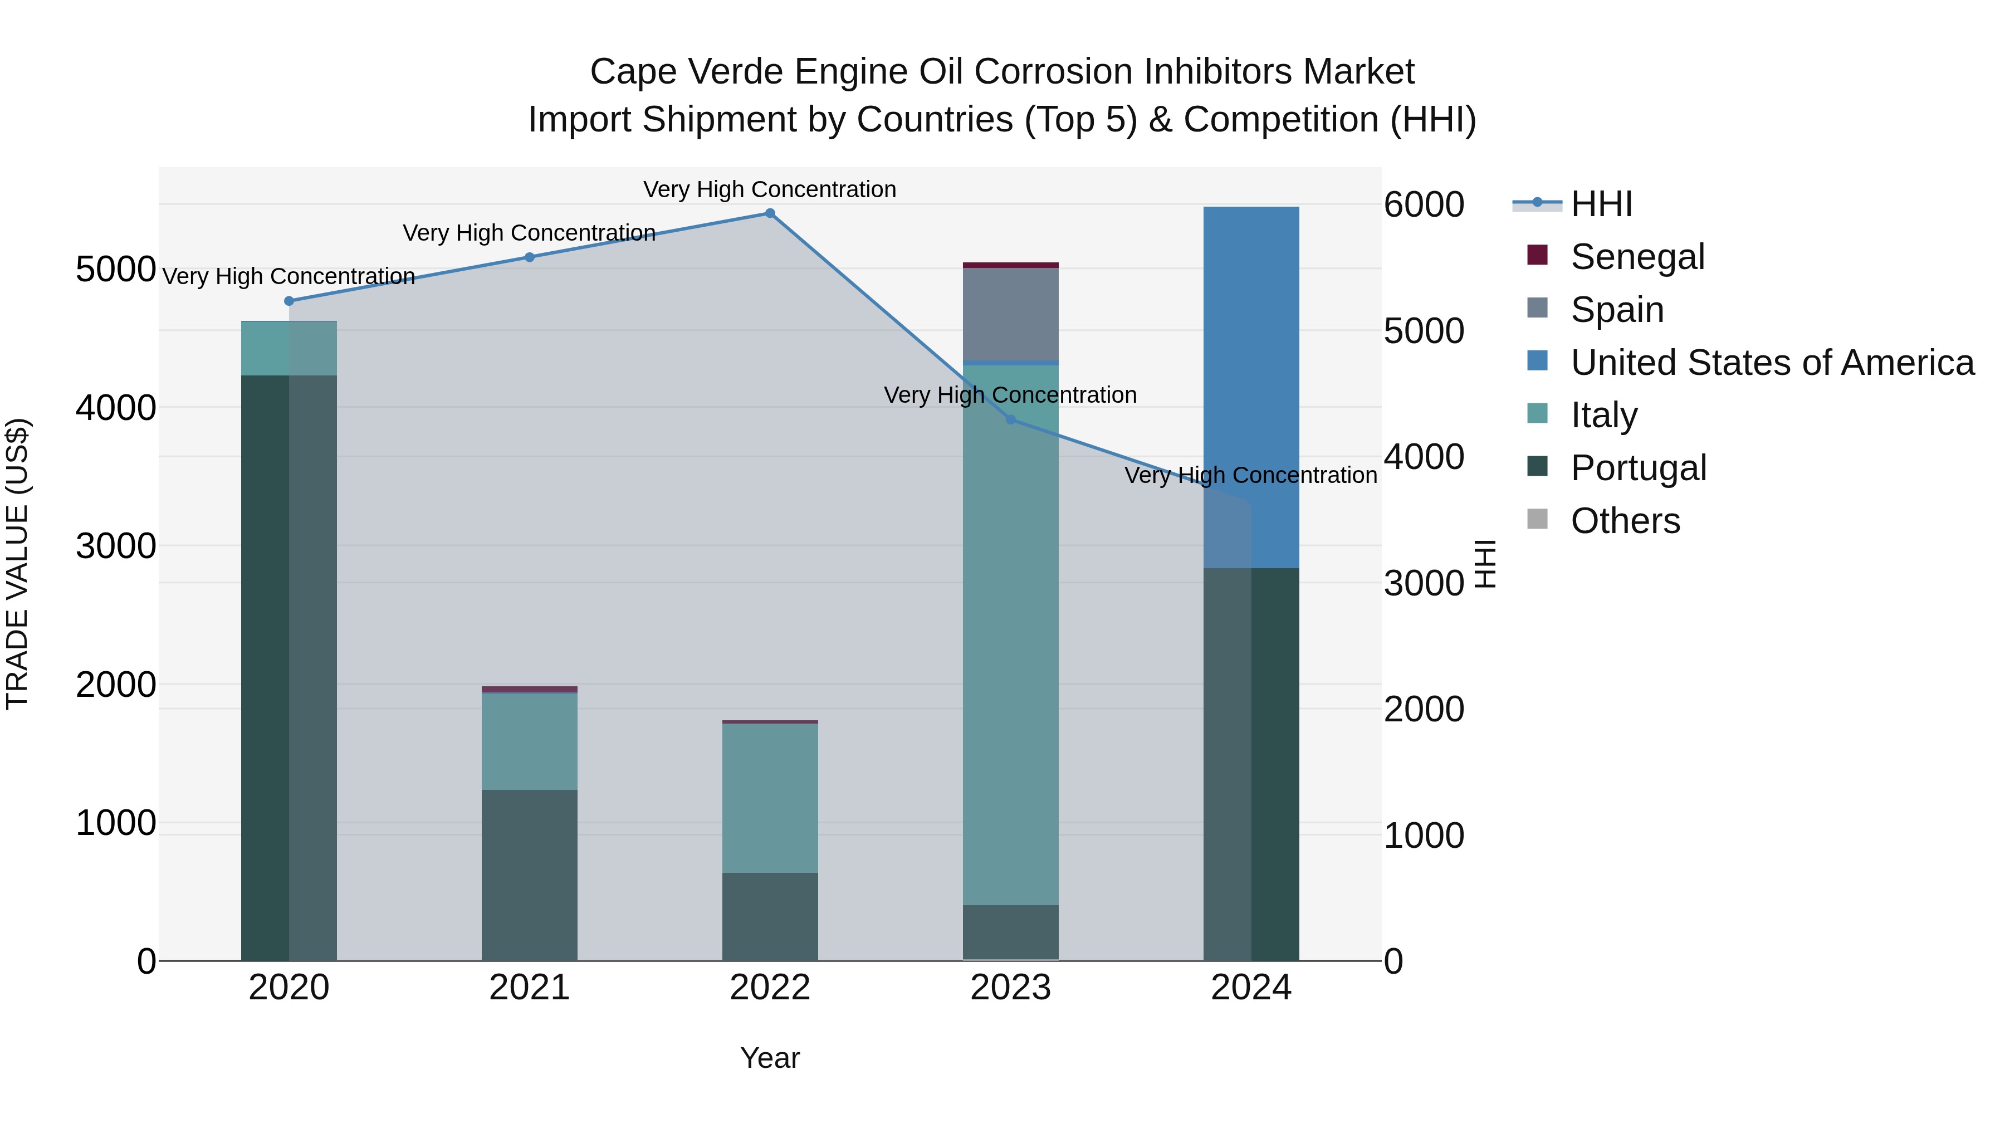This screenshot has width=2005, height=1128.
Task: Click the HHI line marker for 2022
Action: [x=770, y=213]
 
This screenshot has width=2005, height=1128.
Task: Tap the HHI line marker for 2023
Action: [x=1010, y=419]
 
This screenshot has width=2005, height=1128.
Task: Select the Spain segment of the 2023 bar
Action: [x=1010, y=314]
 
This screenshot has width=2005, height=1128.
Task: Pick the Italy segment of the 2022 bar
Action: [x=770, y=798]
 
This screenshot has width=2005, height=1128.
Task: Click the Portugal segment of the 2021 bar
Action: [x=529, y=875]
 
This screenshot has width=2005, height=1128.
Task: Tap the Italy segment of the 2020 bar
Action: [x=288, y=349]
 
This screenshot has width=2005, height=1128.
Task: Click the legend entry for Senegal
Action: [x=1637, y=257]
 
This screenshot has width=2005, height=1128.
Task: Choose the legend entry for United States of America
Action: [x=1772, y=363]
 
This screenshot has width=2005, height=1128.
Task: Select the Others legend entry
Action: [x=1625, y=521]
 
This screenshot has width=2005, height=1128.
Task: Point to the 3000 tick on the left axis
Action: [x=116, y=546]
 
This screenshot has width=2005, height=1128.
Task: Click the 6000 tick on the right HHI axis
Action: [x=1424, y=205]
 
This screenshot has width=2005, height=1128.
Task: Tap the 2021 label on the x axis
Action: [x=529, y=988]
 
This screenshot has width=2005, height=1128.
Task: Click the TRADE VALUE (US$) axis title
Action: [x=18, y=564]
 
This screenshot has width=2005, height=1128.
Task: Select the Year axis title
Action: [x=770, y=1058]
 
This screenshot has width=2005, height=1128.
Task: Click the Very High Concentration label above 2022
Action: [x=770, y=189]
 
